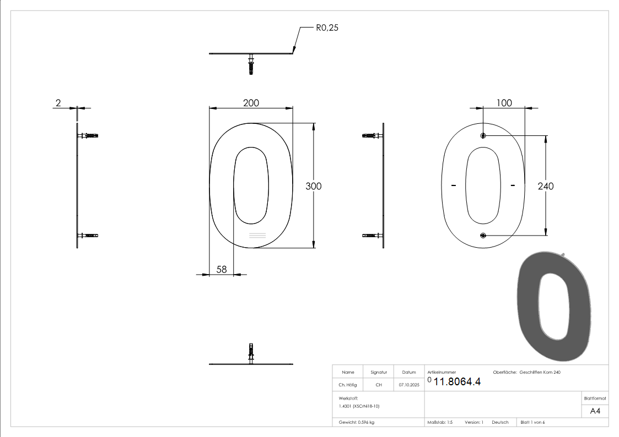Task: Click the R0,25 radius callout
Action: click(x=326, y=28)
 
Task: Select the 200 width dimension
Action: click(x=251, y=103)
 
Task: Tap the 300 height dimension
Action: click(x=314, y=186)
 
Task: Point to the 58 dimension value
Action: click(x=222, y=269)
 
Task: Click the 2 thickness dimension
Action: click(x=58, y=103)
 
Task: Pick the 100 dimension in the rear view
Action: click(x=504, y=103)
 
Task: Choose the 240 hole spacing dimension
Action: click(x=545, y=186)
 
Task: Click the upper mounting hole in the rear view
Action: click(x=483, y=135)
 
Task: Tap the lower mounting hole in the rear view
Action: click(x=483, y=236)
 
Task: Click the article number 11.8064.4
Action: click(x=457, y=382)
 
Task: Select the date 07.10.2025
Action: click(x=408, y=385)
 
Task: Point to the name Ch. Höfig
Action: click(x=348, y=385)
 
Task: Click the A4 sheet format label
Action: click(x=595, y=411)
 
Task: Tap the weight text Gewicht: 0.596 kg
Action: click(x=357, y=422)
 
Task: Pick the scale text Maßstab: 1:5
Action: click(x=440, y=422)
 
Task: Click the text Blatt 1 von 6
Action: click(x=532, y=422)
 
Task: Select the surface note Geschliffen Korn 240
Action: click(x=540, y=372)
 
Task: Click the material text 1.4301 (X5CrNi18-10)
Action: click(x=359, y=406)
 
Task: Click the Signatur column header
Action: click(x=379, y=372)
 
